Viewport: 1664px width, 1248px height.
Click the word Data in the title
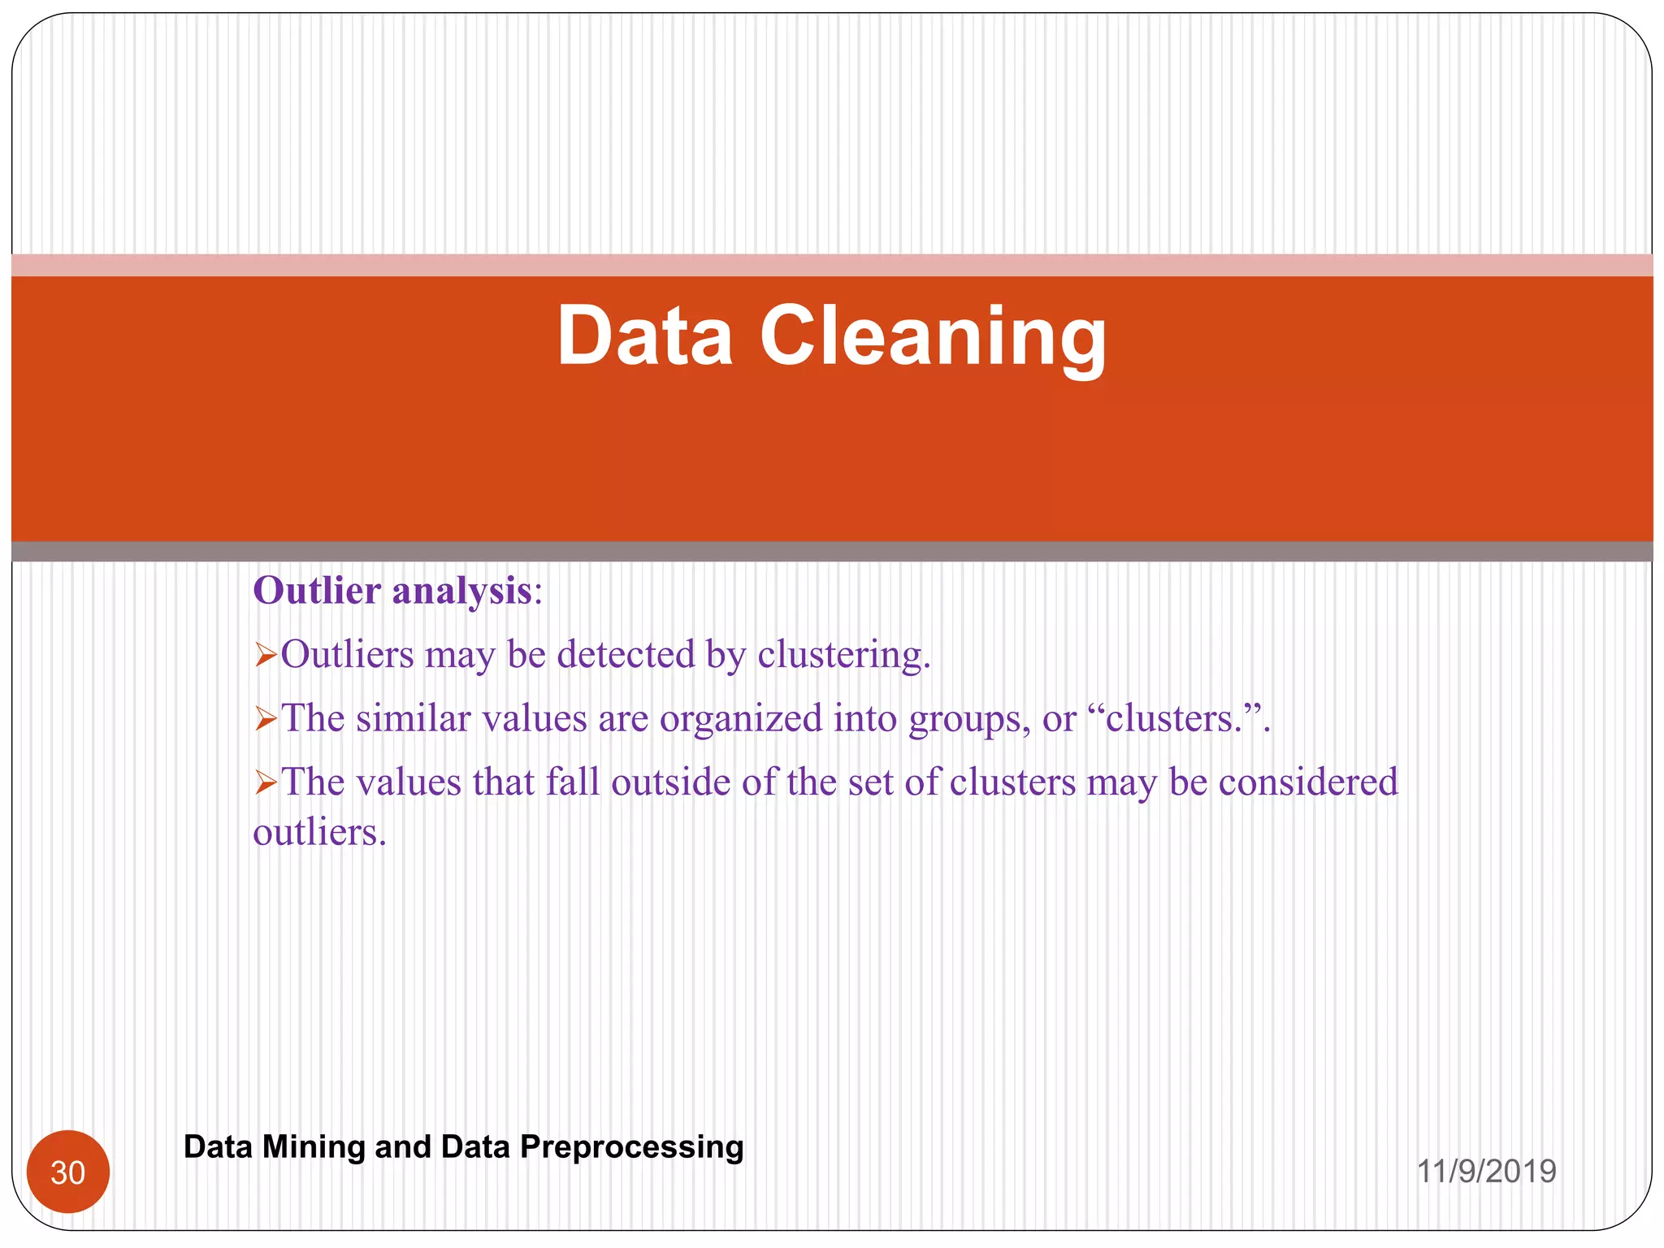(x=644, y=336)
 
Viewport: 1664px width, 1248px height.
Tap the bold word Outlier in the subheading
(x=317, y=590)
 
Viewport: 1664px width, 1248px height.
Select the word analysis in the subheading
(x=461, y=591)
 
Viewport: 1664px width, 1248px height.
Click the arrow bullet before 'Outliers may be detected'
(x=266, y=655)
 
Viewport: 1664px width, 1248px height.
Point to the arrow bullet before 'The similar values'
(x=266, y=719)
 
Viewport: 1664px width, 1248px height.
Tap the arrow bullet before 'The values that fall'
(x=266, y=782)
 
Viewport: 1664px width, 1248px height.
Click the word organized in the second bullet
(x=740, y=719)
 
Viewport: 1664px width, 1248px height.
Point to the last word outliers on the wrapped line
(x=318, y=832)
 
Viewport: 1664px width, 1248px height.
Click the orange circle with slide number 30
(x=68, y=1172)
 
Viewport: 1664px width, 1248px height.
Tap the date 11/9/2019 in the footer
(x=1486, y=1172)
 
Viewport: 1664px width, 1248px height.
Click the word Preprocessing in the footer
(x=631, y=1146)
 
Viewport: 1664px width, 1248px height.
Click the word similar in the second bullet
(x=413, y=718)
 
